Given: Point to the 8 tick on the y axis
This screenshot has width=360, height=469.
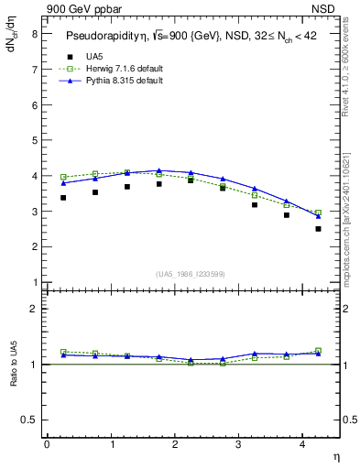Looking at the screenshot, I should tap(34, 34).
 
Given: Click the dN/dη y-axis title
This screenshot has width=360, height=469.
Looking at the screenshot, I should tap(12, 44).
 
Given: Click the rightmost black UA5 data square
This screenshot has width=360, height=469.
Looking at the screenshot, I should tap(318, 229).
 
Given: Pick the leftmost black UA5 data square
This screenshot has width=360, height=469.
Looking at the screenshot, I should tap(63, 197).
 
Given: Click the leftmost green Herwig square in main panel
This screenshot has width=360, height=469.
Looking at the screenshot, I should tap(63, 177).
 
